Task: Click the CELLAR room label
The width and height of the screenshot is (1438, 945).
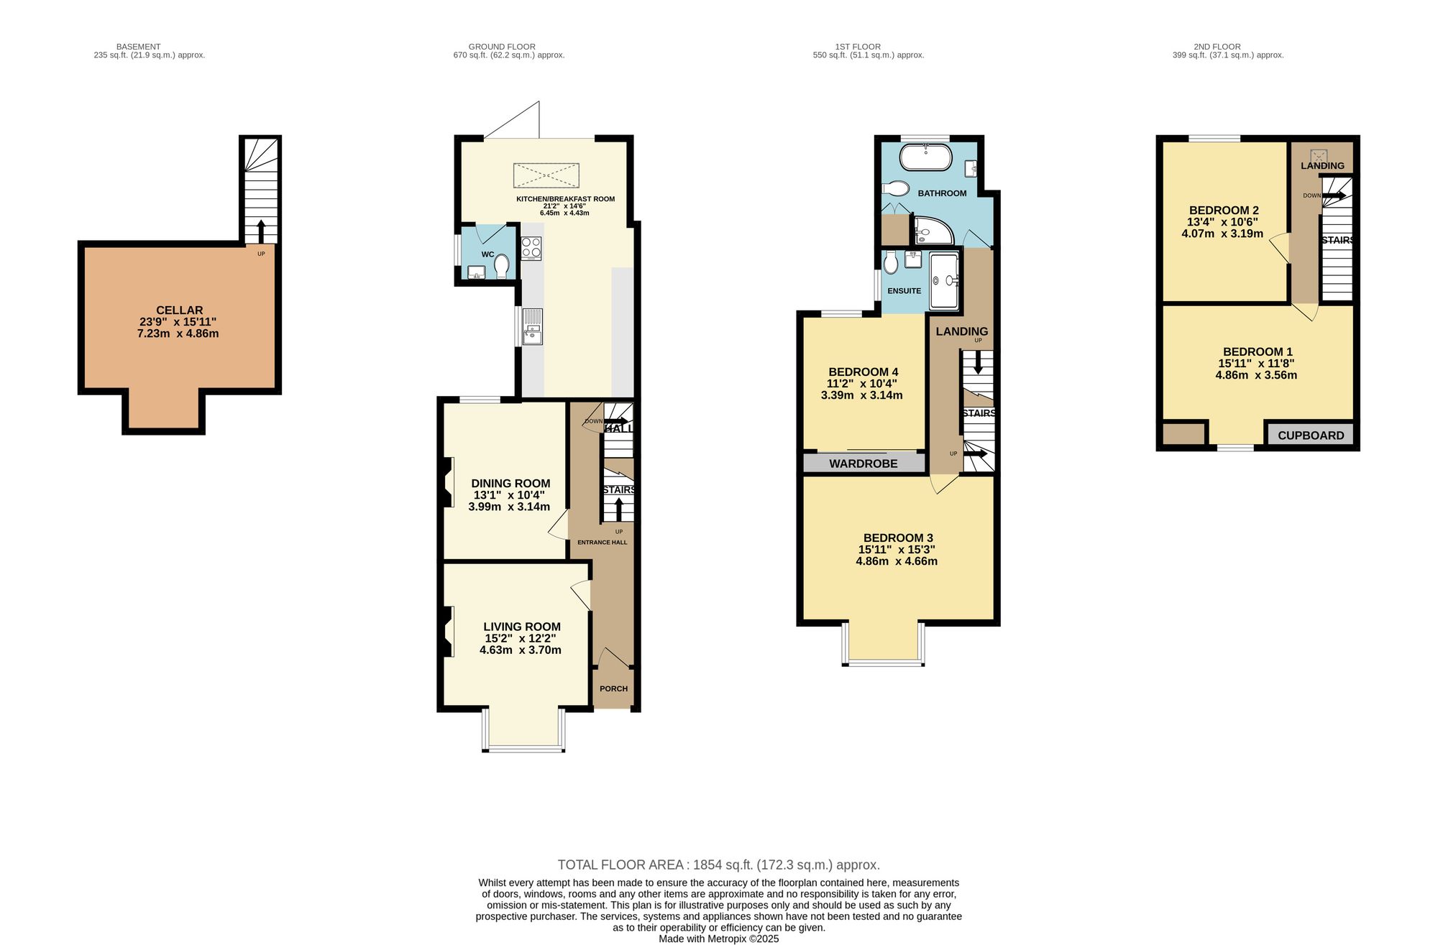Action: coord(179,310)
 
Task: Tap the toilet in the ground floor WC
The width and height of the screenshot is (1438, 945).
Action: coord(501,266)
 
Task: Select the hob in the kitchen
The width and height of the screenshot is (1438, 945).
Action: coord(531,248)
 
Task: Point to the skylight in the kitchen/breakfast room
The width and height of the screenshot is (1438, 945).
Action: coord(546,175)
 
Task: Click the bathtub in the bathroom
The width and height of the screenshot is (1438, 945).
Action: coord(926,157)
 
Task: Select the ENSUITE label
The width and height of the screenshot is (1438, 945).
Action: coord(904,291)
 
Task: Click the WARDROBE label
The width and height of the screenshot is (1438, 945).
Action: coord(863,464)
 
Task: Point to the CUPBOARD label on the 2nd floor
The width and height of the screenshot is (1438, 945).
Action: coord(1311,435)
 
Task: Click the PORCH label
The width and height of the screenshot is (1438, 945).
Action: coord(613,688)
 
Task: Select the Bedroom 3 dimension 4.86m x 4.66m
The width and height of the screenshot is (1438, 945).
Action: coord(897,561)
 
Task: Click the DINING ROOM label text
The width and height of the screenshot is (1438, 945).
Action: coord(510,484)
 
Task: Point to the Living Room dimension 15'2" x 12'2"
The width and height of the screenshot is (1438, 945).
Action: coord(520,638)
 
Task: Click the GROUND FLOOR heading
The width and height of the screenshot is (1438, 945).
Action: coord(502,47)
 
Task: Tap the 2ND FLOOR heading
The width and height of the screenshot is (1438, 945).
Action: coord(1217,47)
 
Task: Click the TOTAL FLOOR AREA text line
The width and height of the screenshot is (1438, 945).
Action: coord(718,865)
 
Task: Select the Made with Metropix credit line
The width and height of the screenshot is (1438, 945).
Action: coord(718,939)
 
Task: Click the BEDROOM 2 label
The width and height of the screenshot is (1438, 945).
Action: coord(1223,211)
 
